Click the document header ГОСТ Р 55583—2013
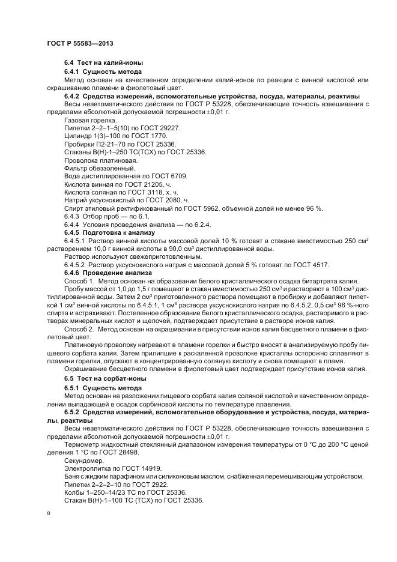click(x=80, y=44)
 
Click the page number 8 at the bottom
click(x=49, y=513)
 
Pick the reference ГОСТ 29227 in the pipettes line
click(x=159, y=128)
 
